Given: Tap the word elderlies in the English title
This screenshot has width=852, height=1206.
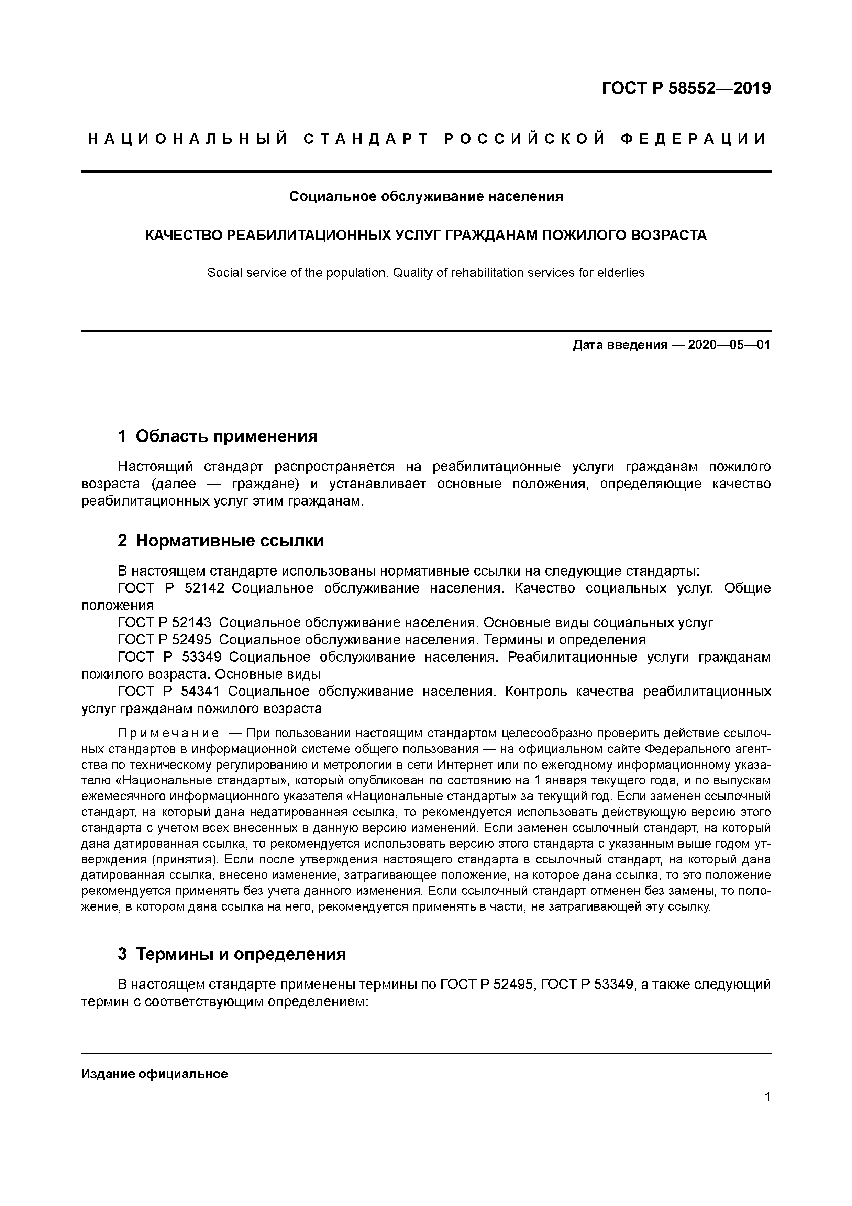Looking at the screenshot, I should (x=624, y=273).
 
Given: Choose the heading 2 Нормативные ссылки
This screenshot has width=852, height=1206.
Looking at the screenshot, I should (x=221, y=541).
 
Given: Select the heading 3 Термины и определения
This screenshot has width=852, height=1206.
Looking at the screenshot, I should (x=232, y=954).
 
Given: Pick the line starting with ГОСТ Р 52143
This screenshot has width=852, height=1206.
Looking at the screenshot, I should (x=415, y=623).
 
